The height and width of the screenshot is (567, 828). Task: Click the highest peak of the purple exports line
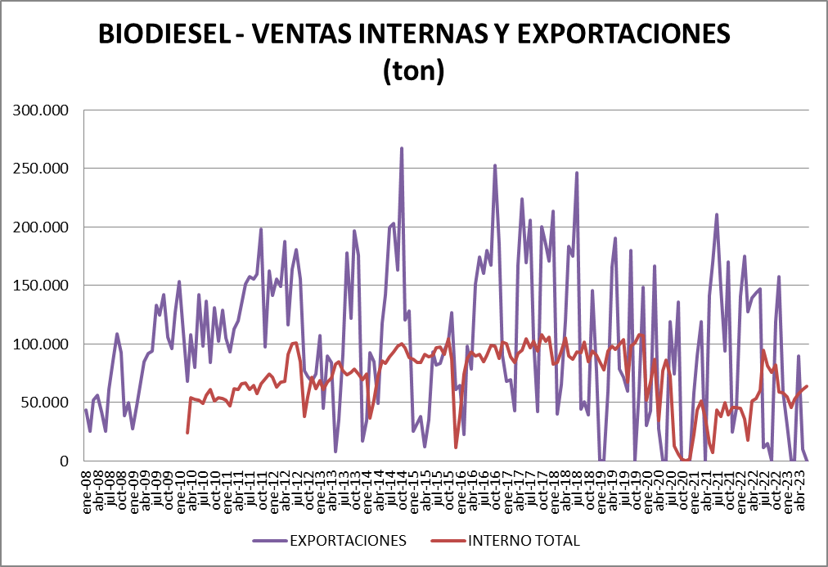tap(402, 149)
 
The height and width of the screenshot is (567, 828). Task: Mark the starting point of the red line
tap(187, 432)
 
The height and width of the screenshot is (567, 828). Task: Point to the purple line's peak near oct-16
tap(494, 166)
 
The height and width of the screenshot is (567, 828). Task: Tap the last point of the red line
tap(807, 386)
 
